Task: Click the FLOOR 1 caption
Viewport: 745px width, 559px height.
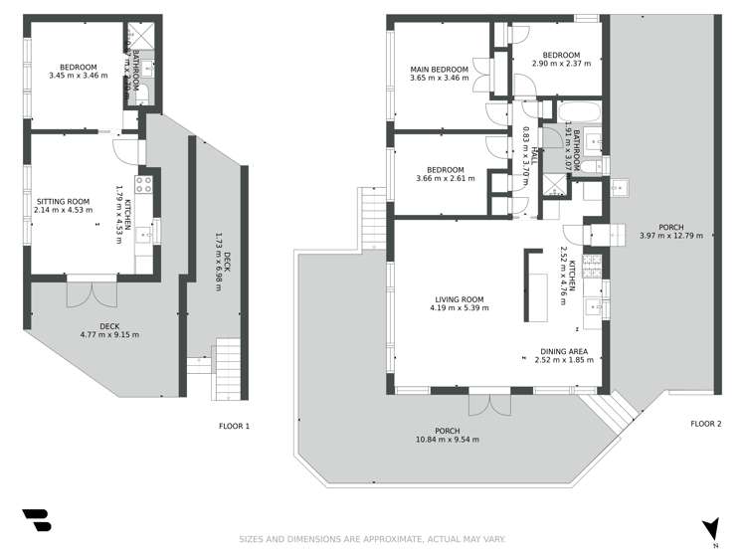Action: pyautogui.click(x=235, y=426)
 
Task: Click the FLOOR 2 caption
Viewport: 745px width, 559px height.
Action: pyautogui.click(x=706, y=425)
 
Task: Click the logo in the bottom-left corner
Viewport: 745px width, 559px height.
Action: pyautogui.click(x=36, y=521)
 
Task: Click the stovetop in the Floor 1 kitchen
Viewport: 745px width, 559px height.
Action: pyautogui.click(x=142, y=183)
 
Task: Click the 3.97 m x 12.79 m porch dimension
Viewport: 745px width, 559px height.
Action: pyautogui.click(x=670, y=236)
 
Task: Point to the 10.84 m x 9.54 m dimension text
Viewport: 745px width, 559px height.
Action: pyautogui.click(x=448, y=440)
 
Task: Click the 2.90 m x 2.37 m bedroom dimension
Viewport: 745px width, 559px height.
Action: pyautogui.click(x=561, y=63)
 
